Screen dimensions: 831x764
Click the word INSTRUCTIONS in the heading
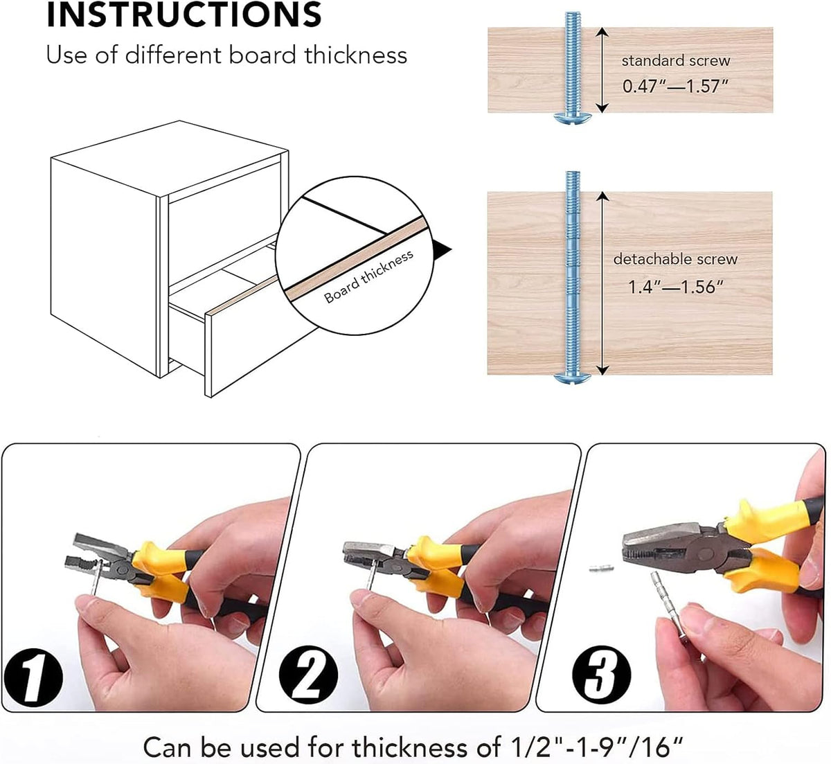[x=184, y=15]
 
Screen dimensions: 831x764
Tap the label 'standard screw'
[x=675, y=61]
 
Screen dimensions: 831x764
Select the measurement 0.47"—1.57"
[x=675, y=86]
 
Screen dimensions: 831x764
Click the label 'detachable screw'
[x=675, y=259]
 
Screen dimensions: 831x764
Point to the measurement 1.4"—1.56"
[x=675, y=287]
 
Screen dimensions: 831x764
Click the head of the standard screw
[x=573, y=118]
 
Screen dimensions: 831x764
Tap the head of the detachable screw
[x=573, y=378]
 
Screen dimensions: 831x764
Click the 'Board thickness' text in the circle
[x=368, y=276]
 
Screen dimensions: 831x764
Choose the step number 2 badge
[x=308, y=675]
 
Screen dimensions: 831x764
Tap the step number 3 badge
[x=602, y=674]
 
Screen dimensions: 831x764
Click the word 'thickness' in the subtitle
[x=356, y=55]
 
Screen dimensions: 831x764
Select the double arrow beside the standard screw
[x=602, y=70]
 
